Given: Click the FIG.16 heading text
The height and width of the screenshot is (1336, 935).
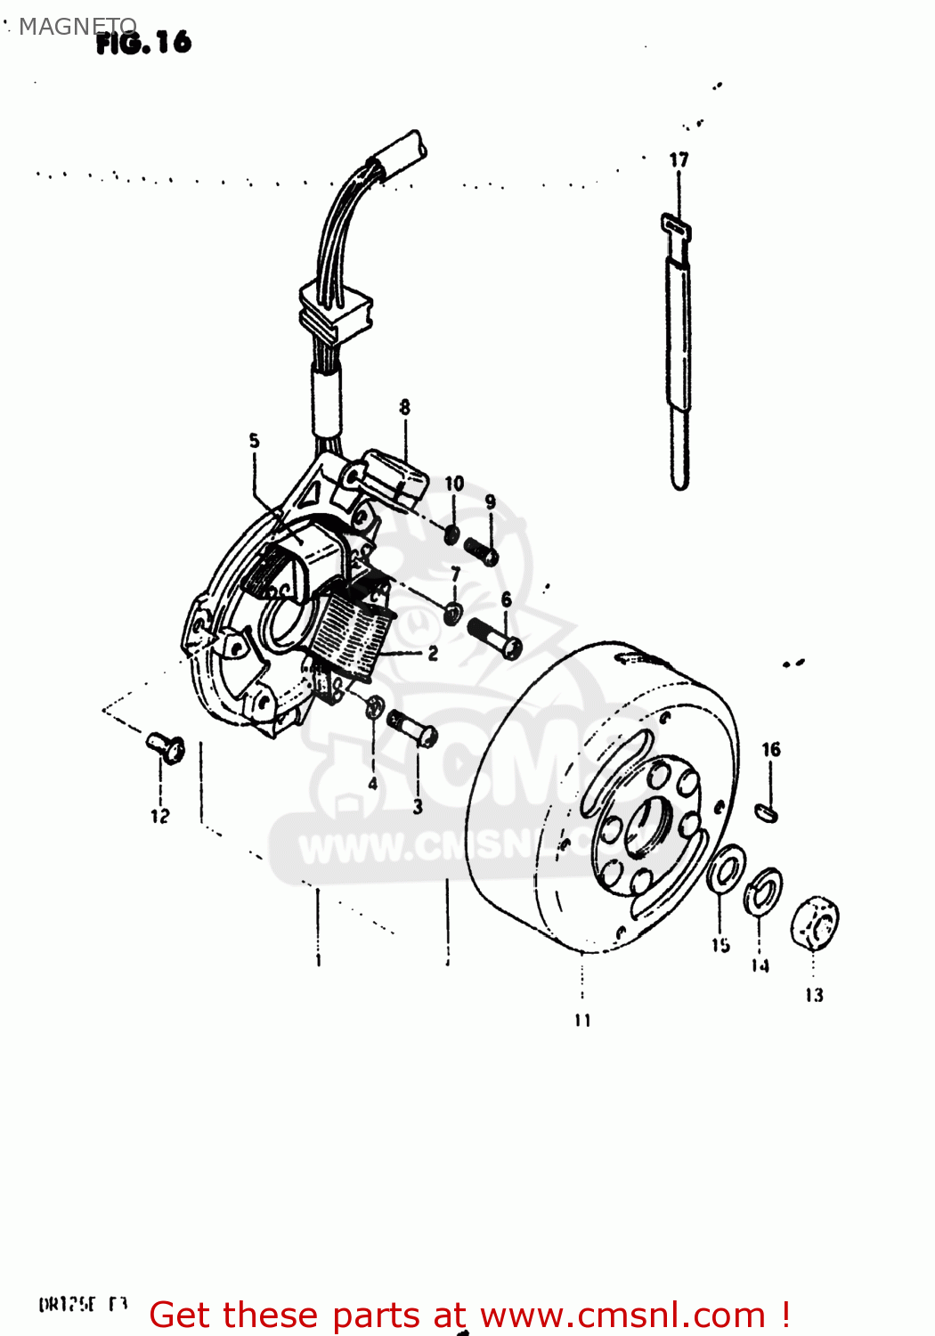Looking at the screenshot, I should (x=143, y=42).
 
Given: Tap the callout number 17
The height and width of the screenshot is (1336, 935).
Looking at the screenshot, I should (x=679, y=160).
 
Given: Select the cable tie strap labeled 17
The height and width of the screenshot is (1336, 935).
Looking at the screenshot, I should (x=679, y=356).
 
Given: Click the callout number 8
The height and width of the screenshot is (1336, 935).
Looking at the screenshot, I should (x=404, y=408).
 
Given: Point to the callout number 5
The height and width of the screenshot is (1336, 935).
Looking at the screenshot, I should (x=255, y=441).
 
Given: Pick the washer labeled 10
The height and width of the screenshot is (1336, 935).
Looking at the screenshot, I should (x=452, y=534).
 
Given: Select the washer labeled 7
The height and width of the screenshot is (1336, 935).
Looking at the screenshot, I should (x=453, y=613).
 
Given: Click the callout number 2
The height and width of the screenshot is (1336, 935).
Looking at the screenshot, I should (x=433, y=654).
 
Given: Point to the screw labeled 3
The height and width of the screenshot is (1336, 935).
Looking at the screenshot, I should (x=412, y=728).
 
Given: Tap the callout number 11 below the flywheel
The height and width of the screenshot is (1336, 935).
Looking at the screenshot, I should (x=582, y=1020).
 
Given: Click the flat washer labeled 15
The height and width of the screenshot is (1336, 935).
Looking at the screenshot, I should (x=727, y=869).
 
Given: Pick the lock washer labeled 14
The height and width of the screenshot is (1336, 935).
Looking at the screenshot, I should (x=763, y=891).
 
